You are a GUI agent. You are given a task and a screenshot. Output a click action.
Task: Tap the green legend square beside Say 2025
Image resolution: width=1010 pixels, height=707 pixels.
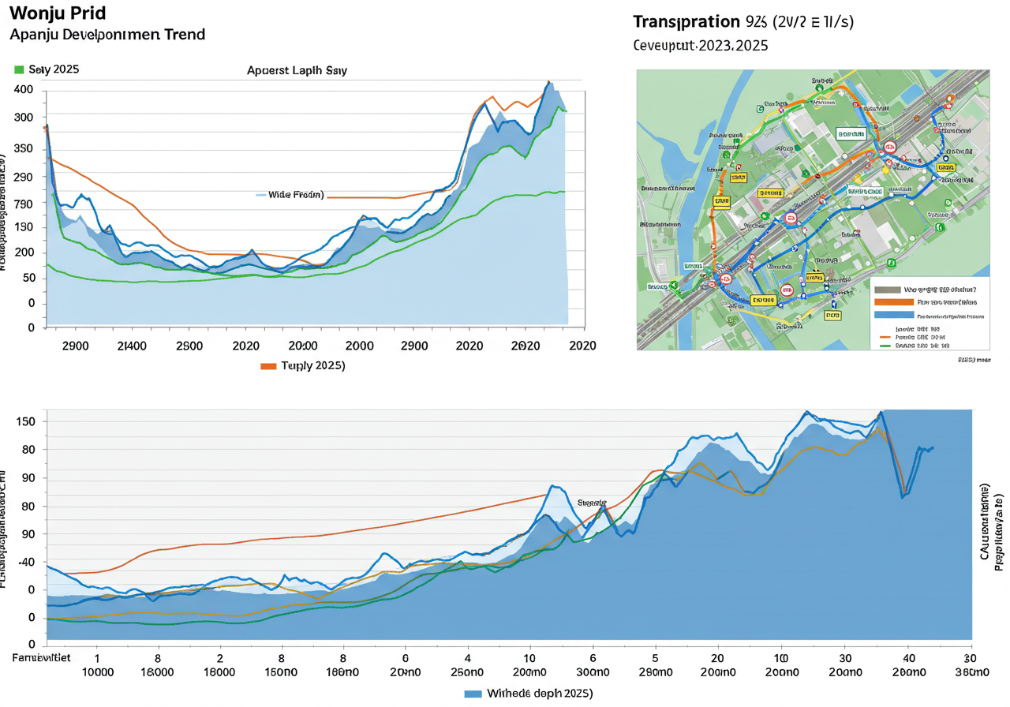point(19,69)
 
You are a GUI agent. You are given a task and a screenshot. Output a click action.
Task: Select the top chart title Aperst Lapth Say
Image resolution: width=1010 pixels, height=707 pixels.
point(297,70)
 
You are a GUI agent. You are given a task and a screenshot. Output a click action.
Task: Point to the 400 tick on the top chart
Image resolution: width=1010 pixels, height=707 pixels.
point(24,90)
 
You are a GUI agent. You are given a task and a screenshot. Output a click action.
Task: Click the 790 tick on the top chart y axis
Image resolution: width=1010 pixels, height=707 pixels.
point(24,204)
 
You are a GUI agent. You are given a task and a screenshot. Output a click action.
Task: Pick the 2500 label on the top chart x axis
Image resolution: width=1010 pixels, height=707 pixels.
point(189,346)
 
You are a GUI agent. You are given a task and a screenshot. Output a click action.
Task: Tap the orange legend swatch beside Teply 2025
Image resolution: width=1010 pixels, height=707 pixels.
point(268,366)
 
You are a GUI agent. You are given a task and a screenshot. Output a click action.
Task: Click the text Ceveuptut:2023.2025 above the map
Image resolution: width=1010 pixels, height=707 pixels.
point(701,46)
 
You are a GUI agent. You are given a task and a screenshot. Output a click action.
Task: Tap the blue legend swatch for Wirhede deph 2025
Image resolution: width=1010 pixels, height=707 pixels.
point(473,693)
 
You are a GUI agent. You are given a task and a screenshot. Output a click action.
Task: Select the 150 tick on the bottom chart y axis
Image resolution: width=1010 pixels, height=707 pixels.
point(26,421)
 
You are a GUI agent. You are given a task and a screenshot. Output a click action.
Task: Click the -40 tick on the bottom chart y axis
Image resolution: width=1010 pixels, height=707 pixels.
point(26,562)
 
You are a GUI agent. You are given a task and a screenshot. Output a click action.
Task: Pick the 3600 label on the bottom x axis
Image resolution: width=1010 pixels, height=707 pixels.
point(971,672)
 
